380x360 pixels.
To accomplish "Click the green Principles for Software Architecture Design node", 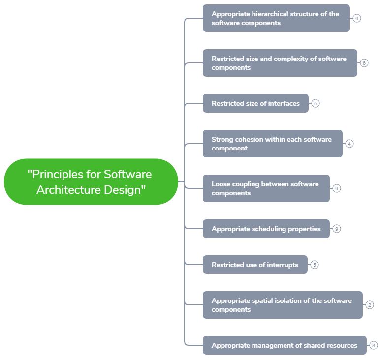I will [91, 181].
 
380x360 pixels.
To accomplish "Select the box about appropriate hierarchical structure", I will [276, 18].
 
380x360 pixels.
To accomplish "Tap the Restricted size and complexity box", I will [280, 63].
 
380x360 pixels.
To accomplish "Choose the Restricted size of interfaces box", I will [255, 103].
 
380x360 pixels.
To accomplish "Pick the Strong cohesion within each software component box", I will [272, 144].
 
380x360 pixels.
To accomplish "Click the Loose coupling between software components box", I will [266, 188].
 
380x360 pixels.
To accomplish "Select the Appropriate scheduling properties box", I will [266, 229].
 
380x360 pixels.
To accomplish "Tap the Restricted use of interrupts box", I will [255, 265].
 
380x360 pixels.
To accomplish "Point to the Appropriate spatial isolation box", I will [283, 305].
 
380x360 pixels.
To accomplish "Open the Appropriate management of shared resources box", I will [285, 345].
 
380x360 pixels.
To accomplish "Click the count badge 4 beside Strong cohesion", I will [349, 144].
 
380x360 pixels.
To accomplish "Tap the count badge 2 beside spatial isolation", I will [370, 305].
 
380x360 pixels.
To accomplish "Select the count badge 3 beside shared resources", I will [374, 345].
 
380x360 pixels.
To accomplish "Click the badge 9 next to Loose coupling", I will [337, 188].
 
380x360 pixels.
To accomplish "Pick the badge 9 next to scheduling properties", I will [337, 229].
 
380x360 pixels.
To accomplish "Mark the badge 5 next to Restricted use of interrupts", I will [315, 265].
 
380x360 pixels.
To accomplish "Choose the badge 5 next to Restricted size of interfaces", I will [316, 103].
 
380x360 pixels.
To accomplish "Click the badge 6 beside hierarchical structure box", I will [357, 18].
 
